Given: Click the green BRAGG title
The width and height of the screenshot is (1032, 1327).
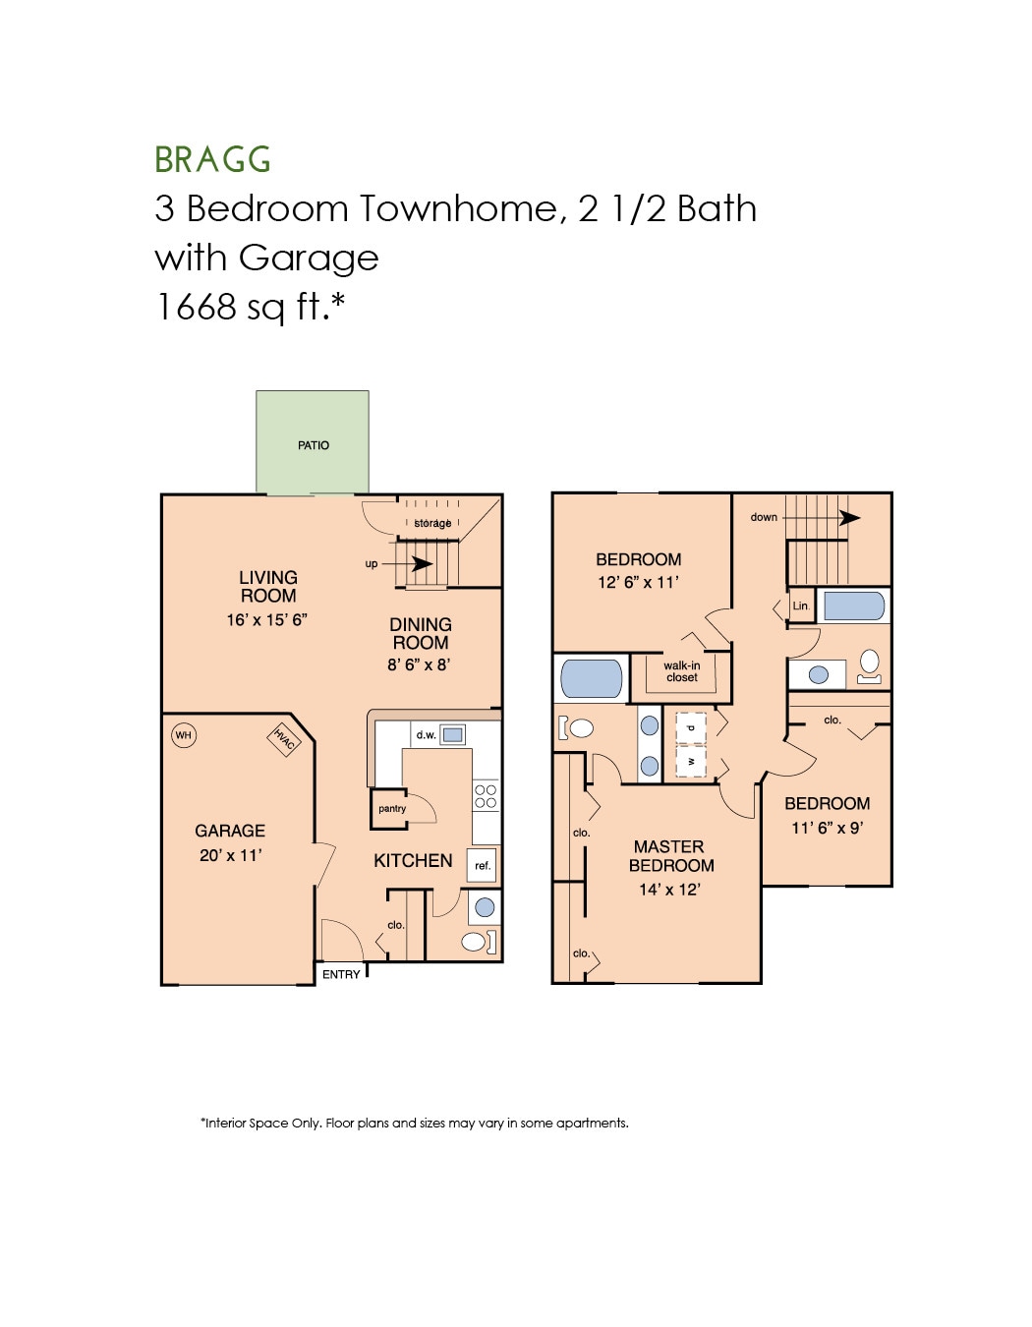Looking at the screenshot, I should click(x=212, y=159).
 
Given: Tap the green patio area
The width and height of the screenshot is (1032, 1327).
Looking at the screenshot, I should click(x=313, y=442).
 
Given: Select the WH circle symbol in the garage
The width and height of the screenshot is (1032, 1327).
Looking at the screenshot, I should click(x=184, y=735).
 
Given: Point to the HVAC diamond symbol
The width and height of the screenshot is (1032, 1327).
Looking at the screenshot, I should click(x=283, y=739).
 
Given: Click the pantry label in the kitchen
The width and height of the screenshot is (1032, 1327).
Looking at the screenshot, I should click(x=392, y=808).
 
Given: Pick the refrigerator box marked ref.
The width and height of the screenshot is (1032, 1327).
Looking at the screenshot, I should click(x=482, y=865).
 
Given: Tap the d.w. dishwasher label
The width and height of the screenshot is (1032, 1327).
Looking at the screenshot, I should click(x=426, y=734).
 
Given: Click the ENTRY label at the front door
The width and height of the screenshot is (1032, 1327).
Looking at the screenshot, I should click(x=341, y=974).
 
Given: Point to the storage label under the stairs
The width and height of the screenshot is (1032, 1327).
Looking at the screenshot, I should click(x=432, y=523).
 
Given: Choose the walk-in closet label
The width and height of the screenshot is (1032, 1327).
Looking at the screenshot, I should click(x=681, y=671).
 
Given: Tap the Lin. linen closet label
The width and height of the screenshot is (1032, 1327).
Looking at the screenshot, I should click(x=801, y=606).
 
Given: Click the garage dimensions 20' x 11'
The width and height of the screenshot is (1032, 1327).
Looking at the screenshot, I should click(x=230, y=855).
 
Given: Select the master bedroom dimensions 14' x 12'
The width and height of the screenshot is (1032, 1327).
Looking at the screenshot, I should click(x=669, y=890).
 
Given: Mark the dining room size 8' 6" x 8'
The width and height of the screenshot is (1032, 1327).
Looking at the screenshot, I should click(x=419, y=664).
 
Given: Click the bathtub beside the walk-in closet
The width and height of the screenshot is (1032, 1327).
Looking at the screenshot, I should click(x=591, y=678).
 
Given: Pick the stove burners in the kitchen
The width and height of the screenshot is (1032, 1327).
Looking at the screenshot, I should click(x=486, y=795).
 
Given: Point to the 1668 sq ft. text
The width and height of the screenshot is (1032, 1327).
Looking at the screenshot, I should click(x=251, y=307).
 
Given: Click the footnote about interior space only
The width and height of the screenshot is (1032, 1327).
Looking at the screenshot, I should click(x=414, y=1123).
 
